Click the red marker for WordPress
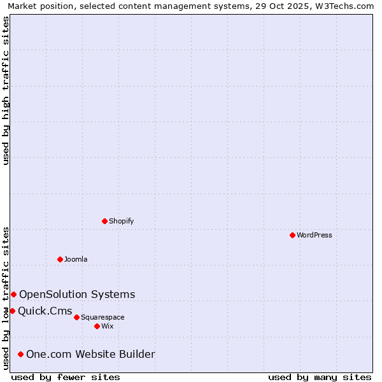(292, 235)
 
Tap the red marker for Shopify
(104, 221)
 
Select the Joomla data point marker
(60, 259)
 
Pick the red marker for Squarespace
(76, 317)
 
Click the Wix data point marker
(97, 326)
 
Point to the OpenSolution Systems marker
(13, 294)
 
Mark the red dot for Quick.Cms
(12, 311)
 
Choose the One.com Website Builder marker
(20, 354)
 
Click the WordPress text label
(315, 235)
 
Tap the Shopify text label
(121, 221)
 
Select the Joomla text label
(76, 259)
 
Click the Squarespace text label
(103, 317)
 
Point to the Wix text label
(107, 326)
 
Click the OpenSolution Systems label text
(77, 294)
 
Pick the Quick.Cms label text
(45, 311)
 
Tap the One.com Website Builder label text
(90, 354)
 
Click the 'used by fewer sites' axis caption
(66, 377)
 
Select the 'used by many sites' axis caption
(320, 377)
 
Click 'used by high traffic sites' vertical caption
(6, 90)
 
